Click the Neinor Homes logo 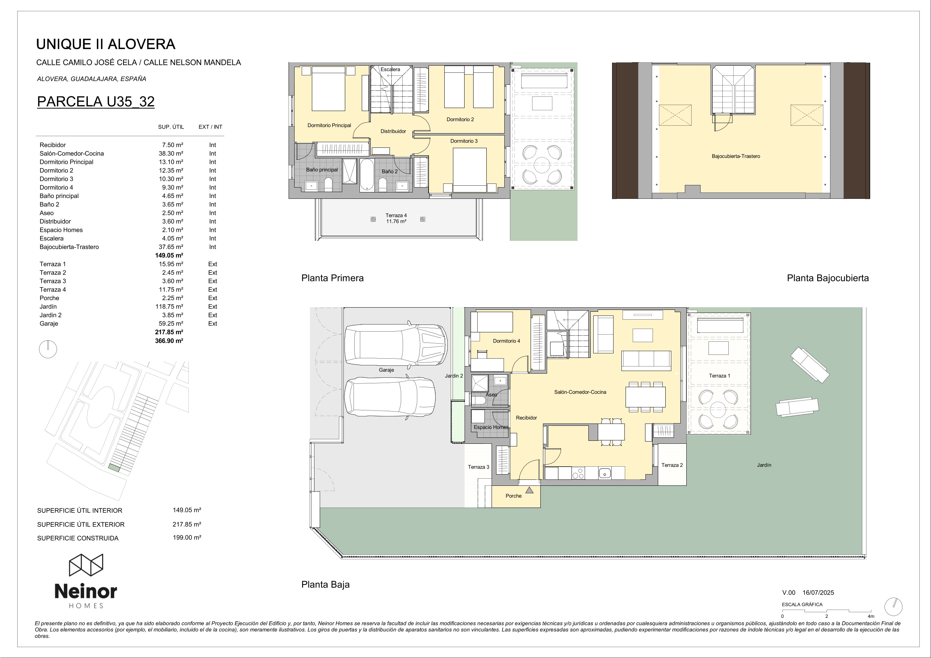tap(86, 581)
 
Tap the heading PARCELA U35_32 tap(96, 101)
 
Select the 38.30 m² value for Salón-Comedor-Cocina tap(171, 154)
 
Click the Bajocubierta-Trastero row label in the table tap(69, 247)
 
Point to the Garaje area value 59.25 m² tap(171, 323)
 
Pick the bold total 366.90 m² tap(169, 341)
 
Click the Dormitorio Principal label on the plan tap(329, 125)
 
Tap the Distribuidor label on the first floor tap(393, 131)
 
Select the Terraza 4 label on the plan tap(396, 215)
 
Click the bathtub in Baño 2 tap(367, 175)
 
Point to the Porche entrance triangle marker tap(529, 490)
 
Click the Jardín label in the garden tap(764, 465)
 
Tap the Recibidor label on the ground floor tap(526, 418)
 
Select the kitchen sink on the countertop tap(605, 473)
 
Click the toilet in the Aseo tap(478, 401)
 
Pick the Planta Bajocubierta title tap(827, 278)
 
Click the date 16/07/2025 tap(818, 593)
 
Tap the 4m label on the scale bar tap(871, 616)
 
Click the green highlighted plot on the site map tap(114, 468)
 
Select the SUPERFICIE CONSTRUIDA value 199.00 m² tap(187, 538)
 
